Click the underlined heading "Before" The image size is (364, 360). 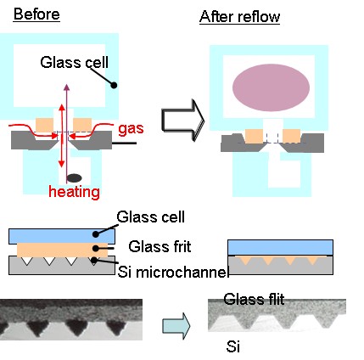(36, 14)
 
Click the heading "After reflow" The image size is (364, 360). (239, 17)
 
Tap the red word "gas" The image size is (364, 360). (131, 129)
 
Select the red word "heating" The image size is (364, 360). (74, 192)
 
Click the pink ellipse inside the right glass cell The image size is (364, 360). (271, 87)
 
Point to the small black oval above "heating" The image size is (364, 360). (75, 178)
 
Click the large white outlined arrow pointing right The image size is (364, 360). (182, 120)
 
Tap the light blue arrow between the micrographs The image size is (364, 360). (176, 326)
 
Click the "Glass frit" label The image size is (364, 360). (160, 246)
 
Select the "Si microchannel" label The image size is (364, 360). (173, 272)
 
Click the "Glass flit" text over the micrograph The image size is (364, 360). (254, 299)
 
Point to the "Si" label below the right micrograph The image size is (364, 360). (233, 346)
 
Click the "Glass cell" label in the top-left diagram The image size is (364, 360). (74, 62)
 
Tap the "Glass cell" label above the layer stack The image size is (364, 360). (150, 217)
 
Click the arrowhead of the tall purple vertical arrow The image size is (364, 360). (66, 87)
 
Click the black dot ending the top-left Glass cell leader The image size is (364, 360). (114, 85)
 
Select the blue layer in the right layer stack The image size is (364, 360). (280, 247)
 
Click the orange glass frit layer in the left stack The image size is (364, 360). (63, 250)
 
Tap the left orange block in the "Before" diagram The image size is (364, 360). (45, 125)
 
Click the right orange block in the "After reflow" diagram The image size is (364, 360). (292, 136)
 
